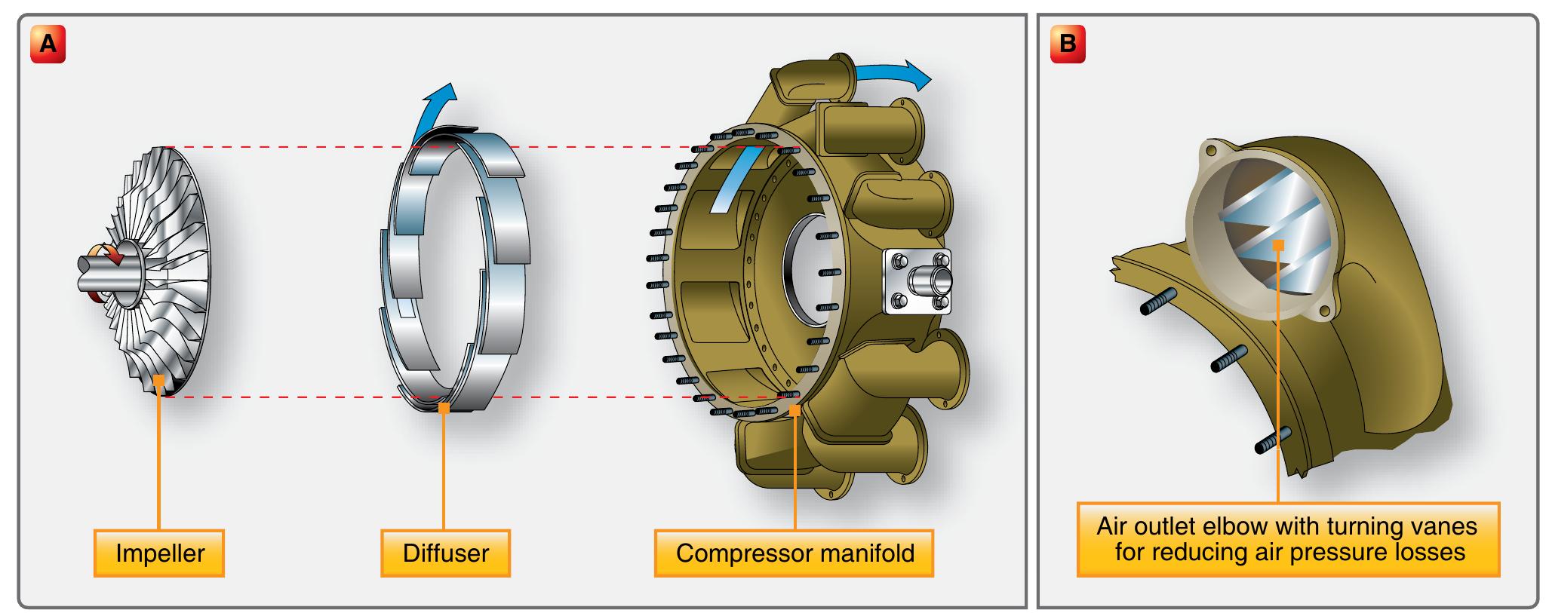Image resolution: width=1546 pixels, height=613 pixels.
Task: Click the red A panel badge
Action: [48, 44]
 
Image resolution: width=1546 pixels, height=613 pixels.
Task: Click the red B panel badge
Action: [1067, 44]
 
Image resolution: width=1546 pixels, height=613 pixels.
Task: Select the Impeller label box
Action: [159, 553]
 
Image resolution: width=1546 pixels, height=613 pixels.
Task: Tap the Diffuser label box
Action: [445, 553]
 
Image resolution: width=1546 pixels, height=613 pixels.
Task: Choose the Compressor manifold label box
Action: [795, 553]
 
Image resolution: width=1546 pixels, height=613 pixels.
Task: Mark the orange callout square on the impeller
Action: [159, 381]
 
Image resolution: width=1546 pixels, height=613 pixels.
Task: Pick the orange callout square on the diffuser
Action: [444, 408]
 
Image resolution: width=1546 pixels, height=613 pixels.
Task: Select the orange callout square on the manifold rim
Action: [795, 410]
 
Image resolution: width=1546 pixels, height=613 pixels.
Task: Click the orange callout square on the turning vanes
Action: [1278, 244]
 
